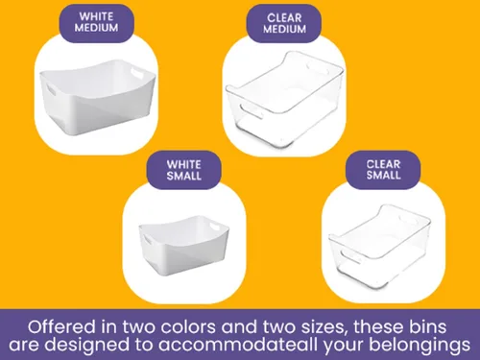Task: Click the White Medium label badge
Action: (96, 23)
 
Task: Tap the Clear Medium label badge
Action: (284, 23)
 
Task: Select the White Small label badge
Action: (183, 170)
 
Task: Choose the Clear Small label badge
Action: (383, 170)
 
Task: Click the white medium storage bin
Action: (97, 97)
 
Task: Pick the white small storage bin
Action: (184, 246)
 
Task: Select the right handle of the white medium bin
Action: (137, 72)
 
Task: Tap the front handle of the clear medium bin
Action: (251, 111)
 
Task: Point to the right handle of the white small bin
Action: (215, 227)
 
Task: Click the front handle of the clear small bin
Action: (350, 256)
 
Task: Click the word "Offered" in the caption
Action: (61, 327)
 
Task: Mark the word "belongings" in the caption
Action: (420, 346)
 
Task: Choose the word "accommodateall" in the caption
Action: (238, 345)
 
